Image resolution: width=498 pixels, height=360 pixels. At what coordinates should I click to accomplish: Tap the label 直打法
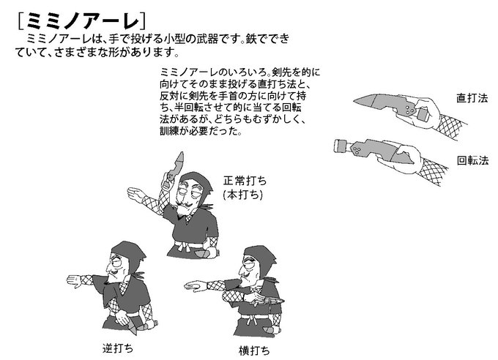click(x=472, y=97)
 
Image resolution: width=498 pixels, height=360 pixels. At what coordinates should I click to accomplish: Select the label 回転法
click(x=472, y=160)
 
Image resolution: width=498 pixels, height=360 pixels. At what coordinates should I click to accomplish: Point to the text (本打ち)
click(x=242, y=195)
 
